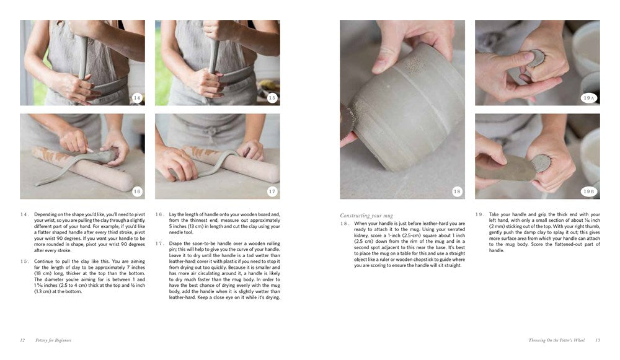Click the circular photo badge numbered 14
[137, 98]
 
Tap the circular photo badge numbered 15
[272, 98]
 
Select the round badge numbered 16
[137, 191]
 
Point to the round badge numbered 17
[272, 191]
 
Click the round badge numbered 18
[457, 191]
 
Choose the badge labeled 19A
[588, 98]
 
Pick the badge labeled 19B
[588, 191]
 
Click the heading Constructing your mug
[366, 216]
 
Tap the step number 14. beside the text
[24, 214]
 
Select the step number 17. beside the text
[159, 244]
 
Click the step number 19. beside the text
[479, 214]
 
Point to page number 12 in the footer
[22, 340]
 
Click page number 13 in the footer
[598, 340]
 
